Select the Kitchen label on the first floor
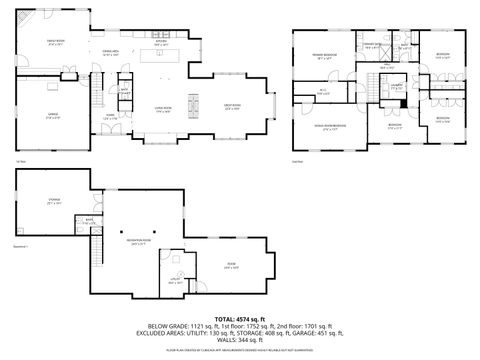[x=160, y=42]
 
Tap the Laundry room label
[x=397, y=87]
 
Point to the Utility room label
[x=176, y=282]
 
